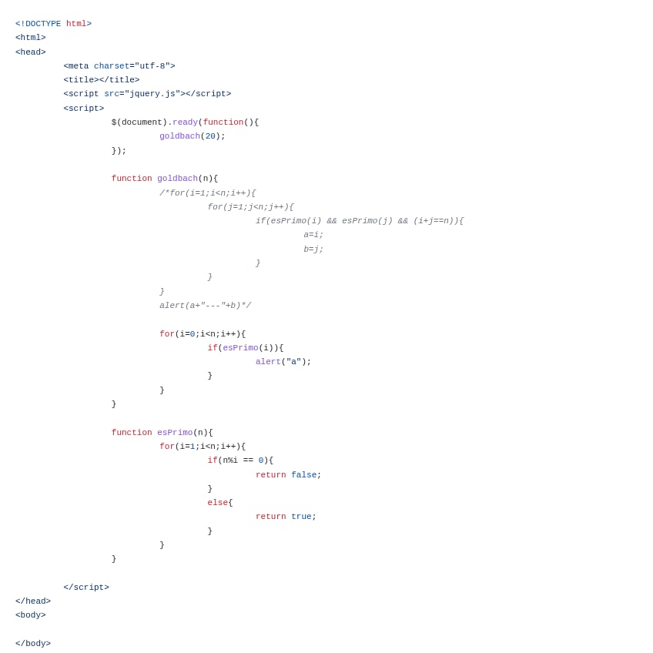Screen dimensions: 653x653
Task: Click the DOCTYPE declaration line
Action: click(53, 24)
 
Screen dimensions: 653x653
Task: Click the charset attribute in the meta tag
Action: click(111, 66)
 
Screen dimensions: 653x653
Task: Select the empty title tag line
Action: click(102, 80)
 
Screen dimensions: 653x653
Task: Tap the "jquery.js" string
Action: click(152, 94)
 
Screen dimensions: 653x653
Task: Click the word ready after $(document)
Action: click(185, 122)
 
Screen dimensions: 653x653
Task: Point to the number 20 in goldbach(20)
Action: click(210, 136)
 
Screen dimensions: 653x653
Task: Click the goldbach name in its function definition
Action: click(177, 179)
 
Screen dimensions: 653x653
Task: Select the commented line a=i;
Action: click(313, 235)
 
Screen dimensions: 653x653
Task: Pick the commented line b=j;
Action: click(313, 249)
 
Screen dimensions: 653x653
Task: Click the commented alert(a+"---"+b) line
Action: click(205, 306)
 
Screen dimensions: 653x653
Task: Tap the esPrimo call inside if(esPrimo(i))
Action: click(240, 348)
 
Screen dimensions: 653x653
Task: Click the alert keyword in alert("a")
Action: click(268, 362)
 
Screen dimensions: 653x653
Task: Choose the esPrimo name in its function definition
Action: click(175, 433)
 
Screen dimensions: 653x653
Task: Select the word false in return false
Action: click(303, 475)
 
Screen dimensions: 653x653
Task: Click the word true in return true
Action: click(301, 517)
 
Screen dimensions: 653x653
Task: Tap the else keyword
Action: click(217, 503)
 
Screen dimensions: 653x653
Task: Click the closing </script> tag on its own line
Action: click(86, 588)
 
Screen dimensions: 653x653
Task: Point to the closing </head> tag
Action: click(33, 601)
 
